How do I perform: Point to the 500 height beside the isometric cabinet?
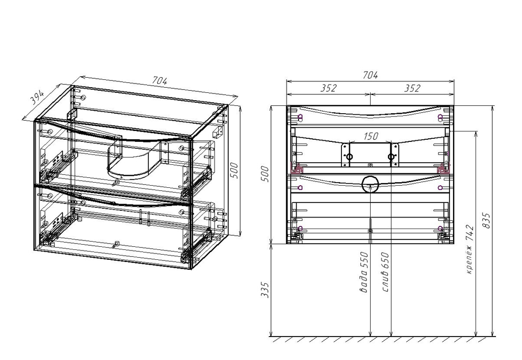pos(234,170)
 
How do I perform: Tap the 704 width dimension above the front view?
pos(370,75)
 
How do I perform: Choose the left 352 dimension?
pos(328,89)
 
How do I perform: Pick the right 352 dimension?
pos(412,89)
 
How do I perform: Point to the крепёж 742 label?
pos(469,249)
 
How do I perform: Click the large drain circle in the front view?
pos(370,184)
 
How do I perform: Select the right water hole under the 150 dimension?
pos(391,157)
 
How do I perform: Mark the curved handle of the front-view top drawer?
pos(370,113)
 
